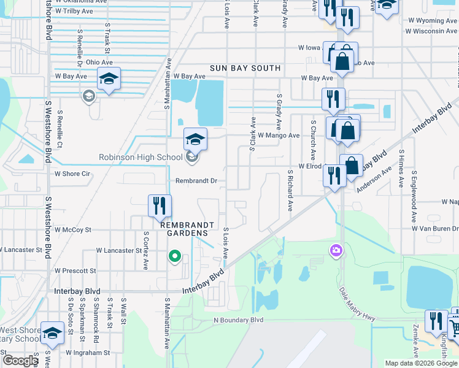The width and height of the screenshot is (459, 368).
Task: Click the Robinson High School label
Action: [141, 158]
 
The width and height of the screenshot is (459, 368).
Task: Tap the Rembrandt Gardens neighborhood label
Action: [189, 225]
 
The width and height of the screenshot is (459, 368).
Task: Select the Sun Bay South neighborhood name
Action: [245, 68]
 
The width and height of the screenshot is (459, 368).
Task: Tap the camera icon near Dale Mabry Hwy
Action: [336, 250]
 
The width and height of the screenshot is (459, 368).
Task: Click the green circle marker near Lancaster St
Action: [175, 256]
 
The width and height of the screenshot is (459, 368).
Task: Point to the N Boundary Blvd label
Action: [238, 320]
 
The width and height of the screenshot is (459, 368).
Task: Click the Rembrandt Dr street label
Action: [197, 181]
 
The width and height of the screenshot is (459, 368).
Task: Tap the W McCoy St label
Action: [72, 229]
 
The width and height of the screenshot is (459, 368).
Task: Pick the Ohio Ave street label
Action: [99, 63]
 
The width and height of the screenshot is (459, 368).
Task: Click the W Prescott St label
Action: [75, 270]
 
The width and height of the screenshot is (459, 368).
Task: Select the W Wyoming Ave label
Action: [432, 21]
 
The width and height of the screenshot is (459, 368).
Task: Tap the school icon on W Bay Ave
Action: [109, 79]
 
